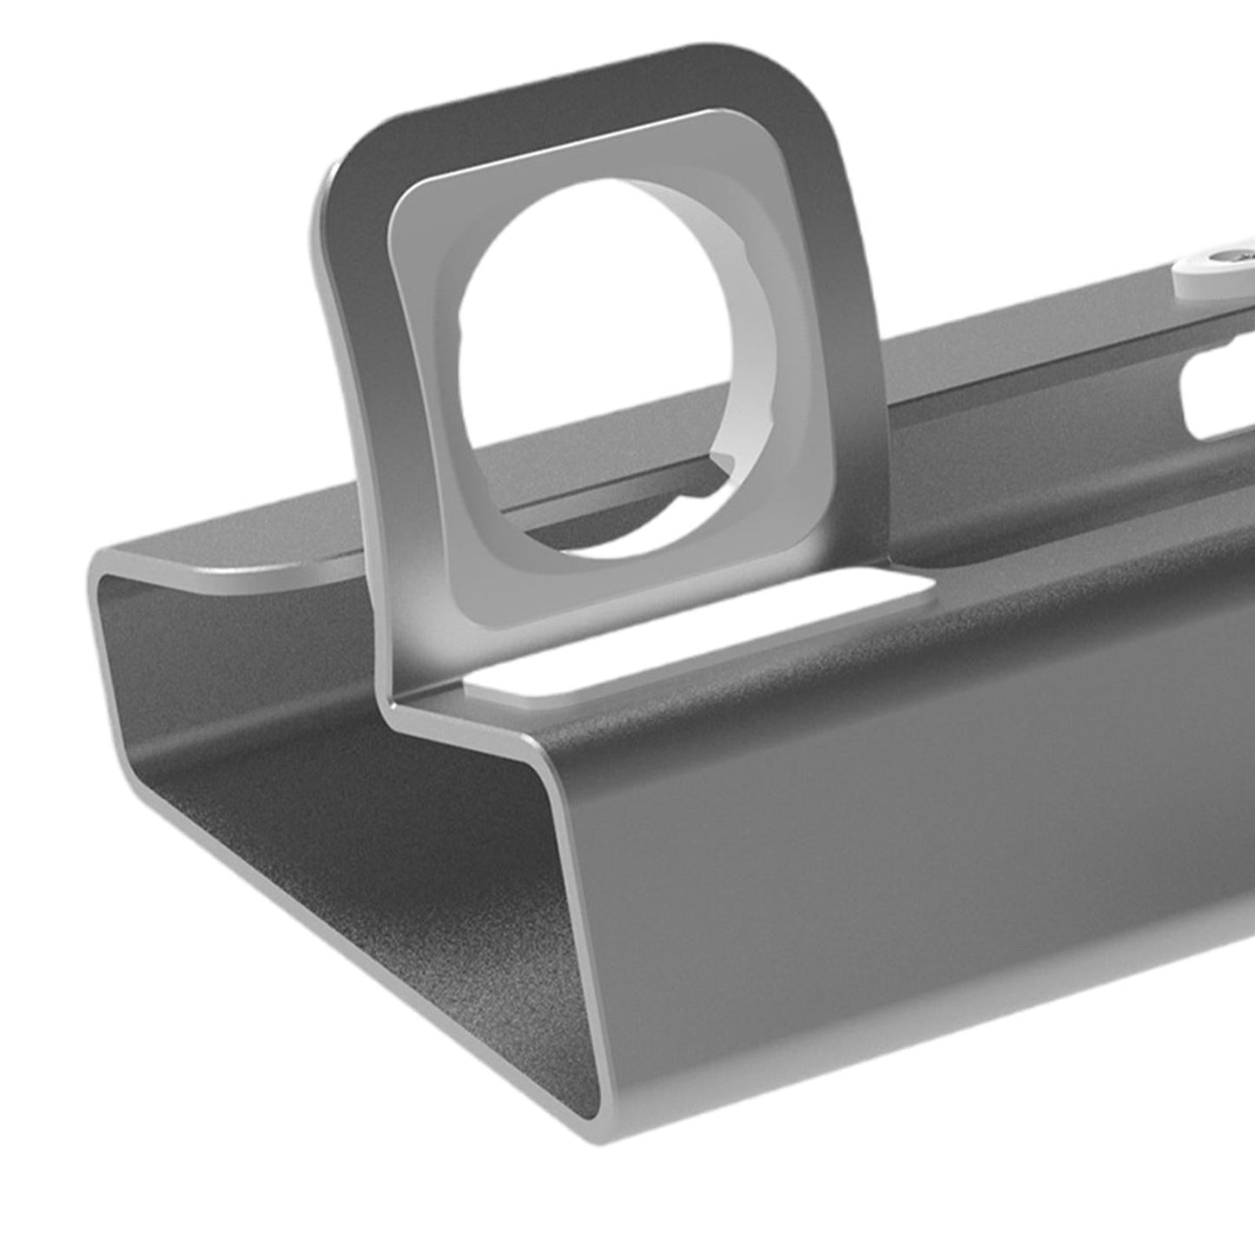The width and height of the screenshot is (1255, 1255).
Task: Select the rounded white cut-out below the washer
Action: (1216, 395)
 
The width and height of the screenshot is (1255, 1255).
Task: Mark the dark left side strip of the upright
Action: (360, 391)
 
